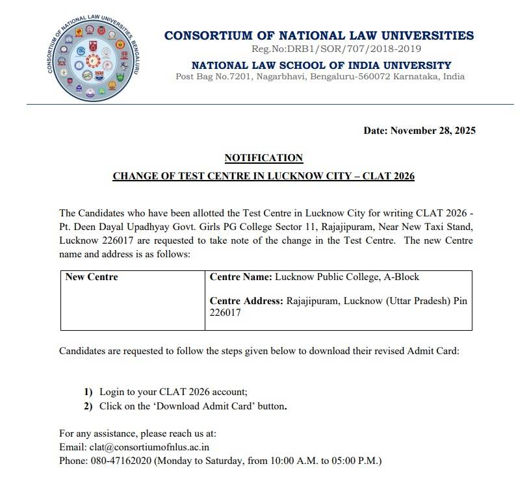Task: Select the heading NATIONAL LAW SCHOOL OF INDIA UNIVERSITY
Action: coord(321,65)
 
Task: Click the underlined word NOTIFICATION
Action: coord(263,158)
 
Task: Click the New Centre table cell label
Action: coord(92,277)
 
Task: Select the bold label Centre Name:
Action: coord(240,277)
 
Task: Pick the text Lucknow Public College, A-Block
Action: coord(347,277)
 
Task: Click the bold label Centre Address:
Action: coord(246,301)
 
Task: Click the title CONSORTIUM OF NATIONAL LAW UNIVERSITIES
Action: coord(319,36)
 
